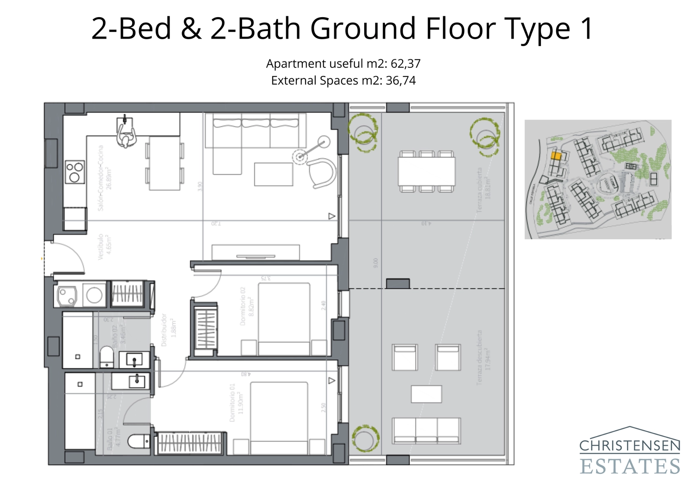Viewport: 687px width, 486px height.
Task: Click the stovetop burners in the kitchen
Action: pos(74,172)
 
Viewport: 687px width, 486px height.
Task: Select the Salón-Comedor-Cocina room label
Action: pos(105,178)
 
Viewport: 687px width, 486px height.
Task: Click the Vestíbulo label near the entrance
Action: pos(104,247)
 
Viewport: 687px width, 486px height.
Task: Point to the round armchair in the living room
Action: pos(321,173)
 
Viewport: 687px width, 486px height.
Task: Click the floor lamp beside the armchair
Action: pos(300,156)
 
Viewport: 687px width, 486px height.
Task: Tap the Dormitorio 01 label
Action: pos(236,403)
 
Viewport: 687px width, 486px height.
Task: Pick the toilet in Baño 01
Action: pos(138,441)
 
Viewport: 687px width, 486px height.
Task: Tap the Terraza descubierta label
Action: pos(483,358)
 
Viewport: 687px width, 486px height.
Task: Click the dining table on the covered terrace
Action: pos(426,171)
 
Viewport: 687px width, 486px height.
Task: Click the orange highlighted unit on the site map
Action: pos(556,156)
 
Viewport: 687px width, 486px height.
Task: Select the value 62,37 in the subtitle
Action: pos(405,64)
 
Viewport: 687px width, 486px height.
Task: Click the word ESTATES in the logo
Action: pos(630,466)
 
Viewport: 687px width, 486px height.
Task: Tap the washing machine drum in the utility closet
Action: pos(94,295)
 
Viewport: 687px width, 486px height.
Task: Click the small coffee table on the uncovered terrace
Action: pos(426,394)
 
